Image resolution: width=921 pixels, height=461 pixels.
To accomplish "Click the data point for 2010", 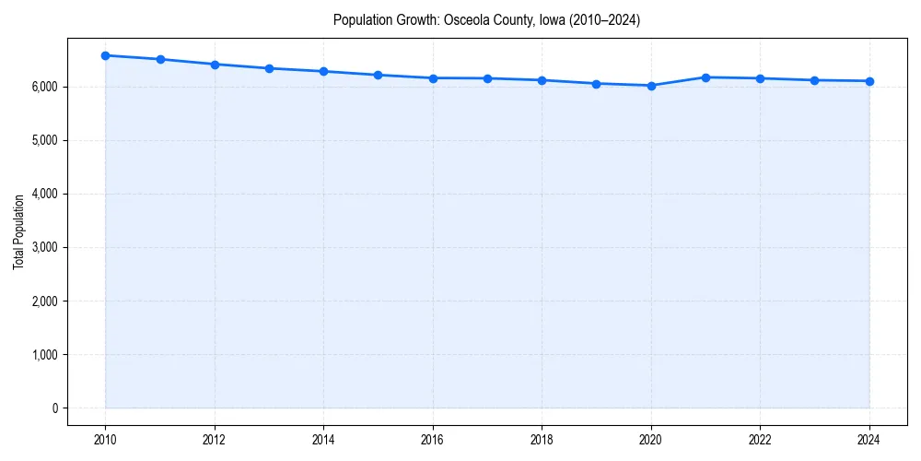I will click(x=106, y=55).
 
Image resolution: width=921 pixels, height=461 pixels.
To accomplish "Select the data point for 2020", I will click(x=651, y=86).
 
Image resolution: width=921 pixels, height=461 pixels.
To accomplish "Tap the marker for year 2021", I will click(x=706, y=77).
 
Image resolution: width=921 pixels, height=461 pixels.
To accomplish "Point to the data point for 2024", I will click(x=869, y=81).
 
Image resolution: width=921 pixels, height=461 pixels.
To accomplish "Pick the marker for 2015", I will click(x=379, y=75).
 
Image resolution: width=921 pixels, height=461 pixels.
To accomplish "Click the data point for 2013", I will click(x=270, y=68).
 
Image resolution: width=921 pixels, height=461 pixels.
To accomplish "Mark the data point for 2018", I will click(x=542, y=80).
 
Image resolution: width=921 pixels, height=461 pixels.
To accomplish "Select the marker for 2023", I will click(x=815, y=80).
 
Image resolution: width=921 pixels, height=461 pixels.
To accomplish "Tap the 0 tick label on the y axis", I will click(x=54, y=408).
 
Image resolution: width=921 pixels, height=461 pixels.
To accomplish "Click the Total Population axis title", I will click(x=18, y=232).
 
